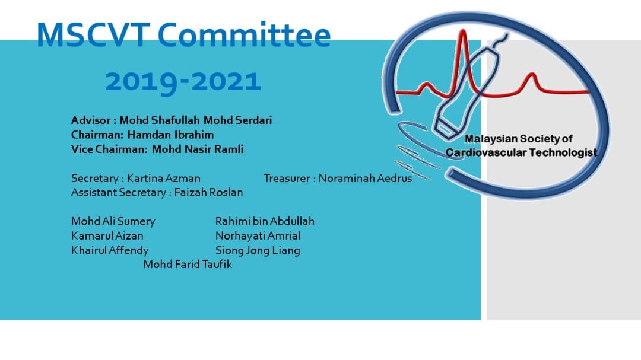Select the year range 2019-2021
(183, 81)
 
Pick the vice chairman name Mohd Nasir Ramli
(198, 149)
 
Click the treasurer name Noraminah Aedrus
(365, 178)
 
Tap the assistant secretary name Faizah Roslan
(208, 192)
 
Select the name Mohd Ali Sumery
(113, 221)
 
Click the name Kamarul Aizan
(107, 235)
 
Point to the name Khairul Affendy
(110, 250)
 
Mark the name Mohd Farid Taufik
(188, 265)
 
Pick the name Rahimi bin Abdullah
(265, 221)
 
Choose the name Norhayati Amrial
(258, 235)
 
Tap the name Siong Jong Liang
(258, 250)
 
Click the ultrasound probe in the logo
(466, 89)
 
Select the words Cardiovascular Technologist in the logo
(521, 153)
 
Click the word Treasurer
(285, 178)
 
